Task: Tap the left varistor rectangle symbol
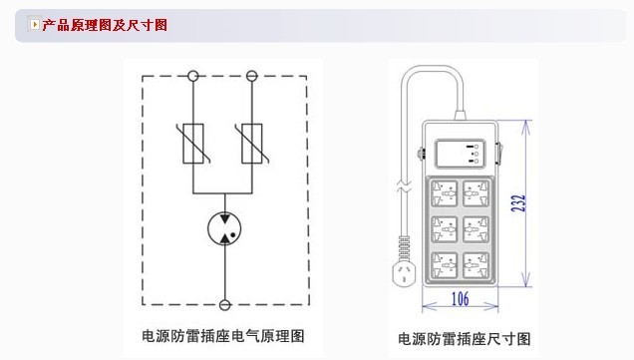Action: pyautogui.click(x=193, y=144)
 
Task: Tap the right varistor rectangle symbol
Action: pyautogui.click(x=252, y=144)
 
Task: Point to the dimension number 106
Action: pyautogui.click(x=461, y=299)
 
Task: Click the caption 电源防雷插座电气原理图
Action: pyautogui.click(x=222, y=336)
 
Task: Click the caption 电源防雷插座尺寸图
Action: pyautogui.click(x=465, y=339)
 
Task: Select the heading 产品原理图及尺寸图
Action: pyautogui.click(x=105, y=25)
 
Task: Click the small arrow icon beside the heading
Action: pyautogui.click(x=35, y=24)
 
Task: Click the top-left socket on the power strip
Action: pyautogui.click(x=444, y=193)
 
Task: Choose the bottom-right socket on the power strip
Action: pyautogui.click(x=475, y=265)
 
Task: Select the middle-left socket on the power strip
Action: pyautogui.click(x=444, y=229)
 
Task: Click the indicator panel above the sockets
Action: pyautogui.click(x=461, y=154)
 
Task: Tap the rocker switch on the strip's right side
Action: pyautogui.click(x=498, y=154)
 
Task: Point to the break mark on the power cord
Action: pyautogui.click(x=405, y=187)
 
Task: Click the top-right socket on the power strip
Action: pyautogui.click(x=475, y=193)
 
